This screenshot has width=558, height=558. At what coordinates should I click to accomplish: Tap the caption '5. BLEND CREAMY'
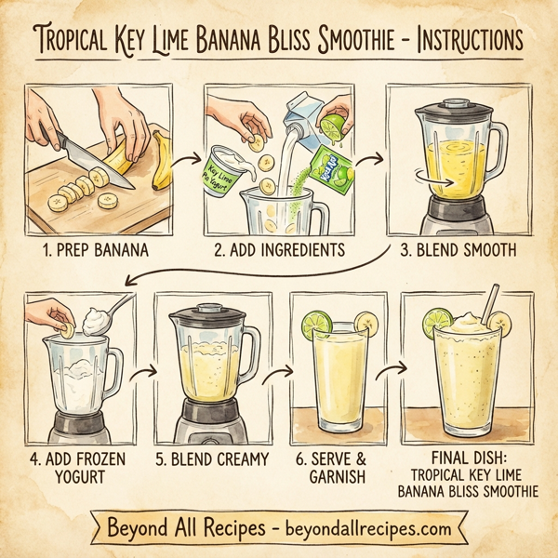[x=211, y=458]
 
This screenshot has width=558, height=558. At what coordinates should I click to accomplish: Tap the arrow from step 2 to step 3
[x=366, y=159]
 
